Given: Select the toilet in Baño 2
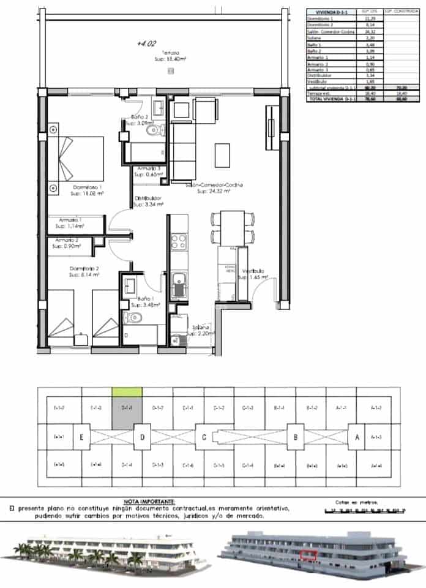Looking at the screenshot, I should [150, 129].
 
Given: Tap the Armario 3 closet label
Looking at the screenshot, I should [149, 168].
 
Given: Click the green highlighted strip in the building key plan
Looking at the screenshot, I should [127, 390].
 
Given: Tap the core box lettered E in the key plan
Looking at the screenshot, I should [81, 437].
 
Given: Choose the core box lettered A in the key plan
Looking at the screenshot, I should [356, 437].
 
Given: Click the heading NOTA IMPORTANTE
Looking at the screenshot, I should [149, 500].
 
